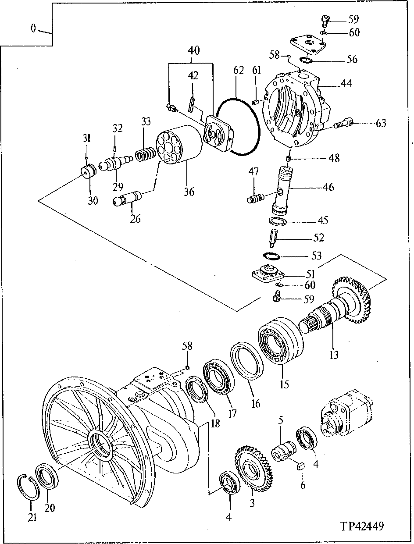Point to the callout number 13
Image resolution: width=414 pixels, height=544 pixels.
(x=334, y=355)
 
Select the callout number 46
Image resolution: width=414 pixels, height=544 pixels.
(x=328, y=187)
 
